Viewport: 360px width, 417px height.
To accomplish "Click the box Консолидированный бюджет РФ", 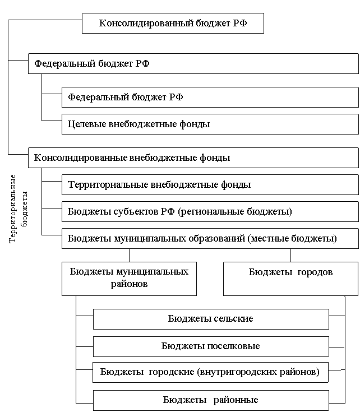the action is click(x=173, y=23).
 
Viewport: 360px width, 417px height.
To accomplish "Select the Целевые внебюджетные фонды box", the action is click(x=210, y=124).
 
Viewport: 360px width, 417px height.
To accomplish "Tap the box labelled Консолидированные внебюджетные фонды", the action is click(x=193, y=157).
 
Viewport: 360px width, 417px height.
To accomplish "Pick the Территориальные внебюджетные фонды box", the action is click(x=210, y=184).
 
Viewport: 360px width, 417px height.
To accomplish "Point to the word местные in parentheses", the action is click(x=269, y=239).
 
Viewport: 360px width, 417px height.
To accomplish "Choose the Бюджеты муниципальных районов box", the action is click(x=129, y=279).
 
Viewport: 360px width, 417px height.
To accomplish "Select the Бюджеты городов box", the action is click(x=290, y=279).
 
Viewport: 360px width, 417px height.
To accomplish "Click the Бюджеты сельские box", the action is click(x=211, y=319).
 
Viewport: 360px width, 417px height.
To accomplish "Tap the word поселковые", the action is click(x=233, y=346).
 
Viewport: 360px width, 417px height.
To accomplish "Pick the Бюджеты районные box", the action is click(x=211, y=400).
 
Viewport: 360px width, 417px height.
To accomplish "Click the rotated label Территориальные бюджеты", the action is click(x=18, y=208).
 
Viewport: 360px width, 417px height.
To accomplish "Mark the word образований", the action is click(x=216, y=239).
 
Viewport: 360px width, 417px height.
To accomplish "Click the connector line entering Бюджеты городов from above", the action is click(x=290, y=256).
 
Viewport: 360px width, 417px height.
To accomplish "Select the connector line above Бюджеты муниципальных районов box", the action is click(x=130, y=256).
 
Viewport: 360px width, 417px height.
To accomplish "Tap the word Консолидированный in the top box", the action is click(x=146, y=24).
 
